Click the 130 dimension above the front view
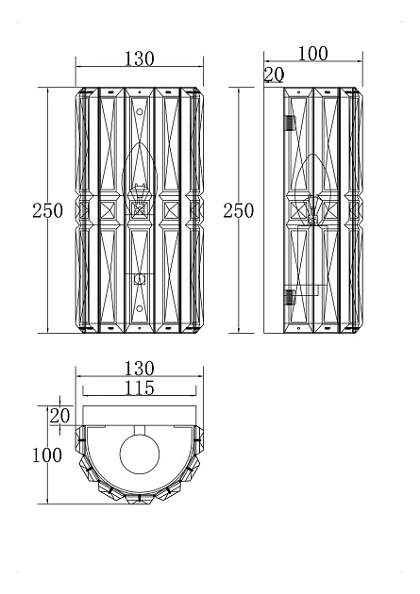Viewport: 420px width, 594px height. (x=139, y=58)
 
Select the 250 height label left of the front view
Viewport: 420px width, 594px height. (x=47, y=210)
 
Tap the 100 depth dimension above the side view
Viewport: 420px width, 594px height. (x=312, y=54)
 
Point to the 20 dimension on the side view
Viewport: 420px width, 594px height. (x=274, y=74)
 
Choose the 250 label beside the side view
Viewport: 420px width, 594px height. (x=238, y=210)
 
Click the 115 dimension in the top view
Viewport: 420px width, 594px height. (x=140, y=388)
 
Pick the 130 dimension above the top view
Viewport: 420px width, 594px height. (x=139, y=369)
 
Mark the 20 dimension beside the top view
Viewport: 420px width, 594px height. (x=59, y=416)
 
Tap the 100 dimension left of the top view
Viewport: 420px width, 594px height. (x=46, y=454)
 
